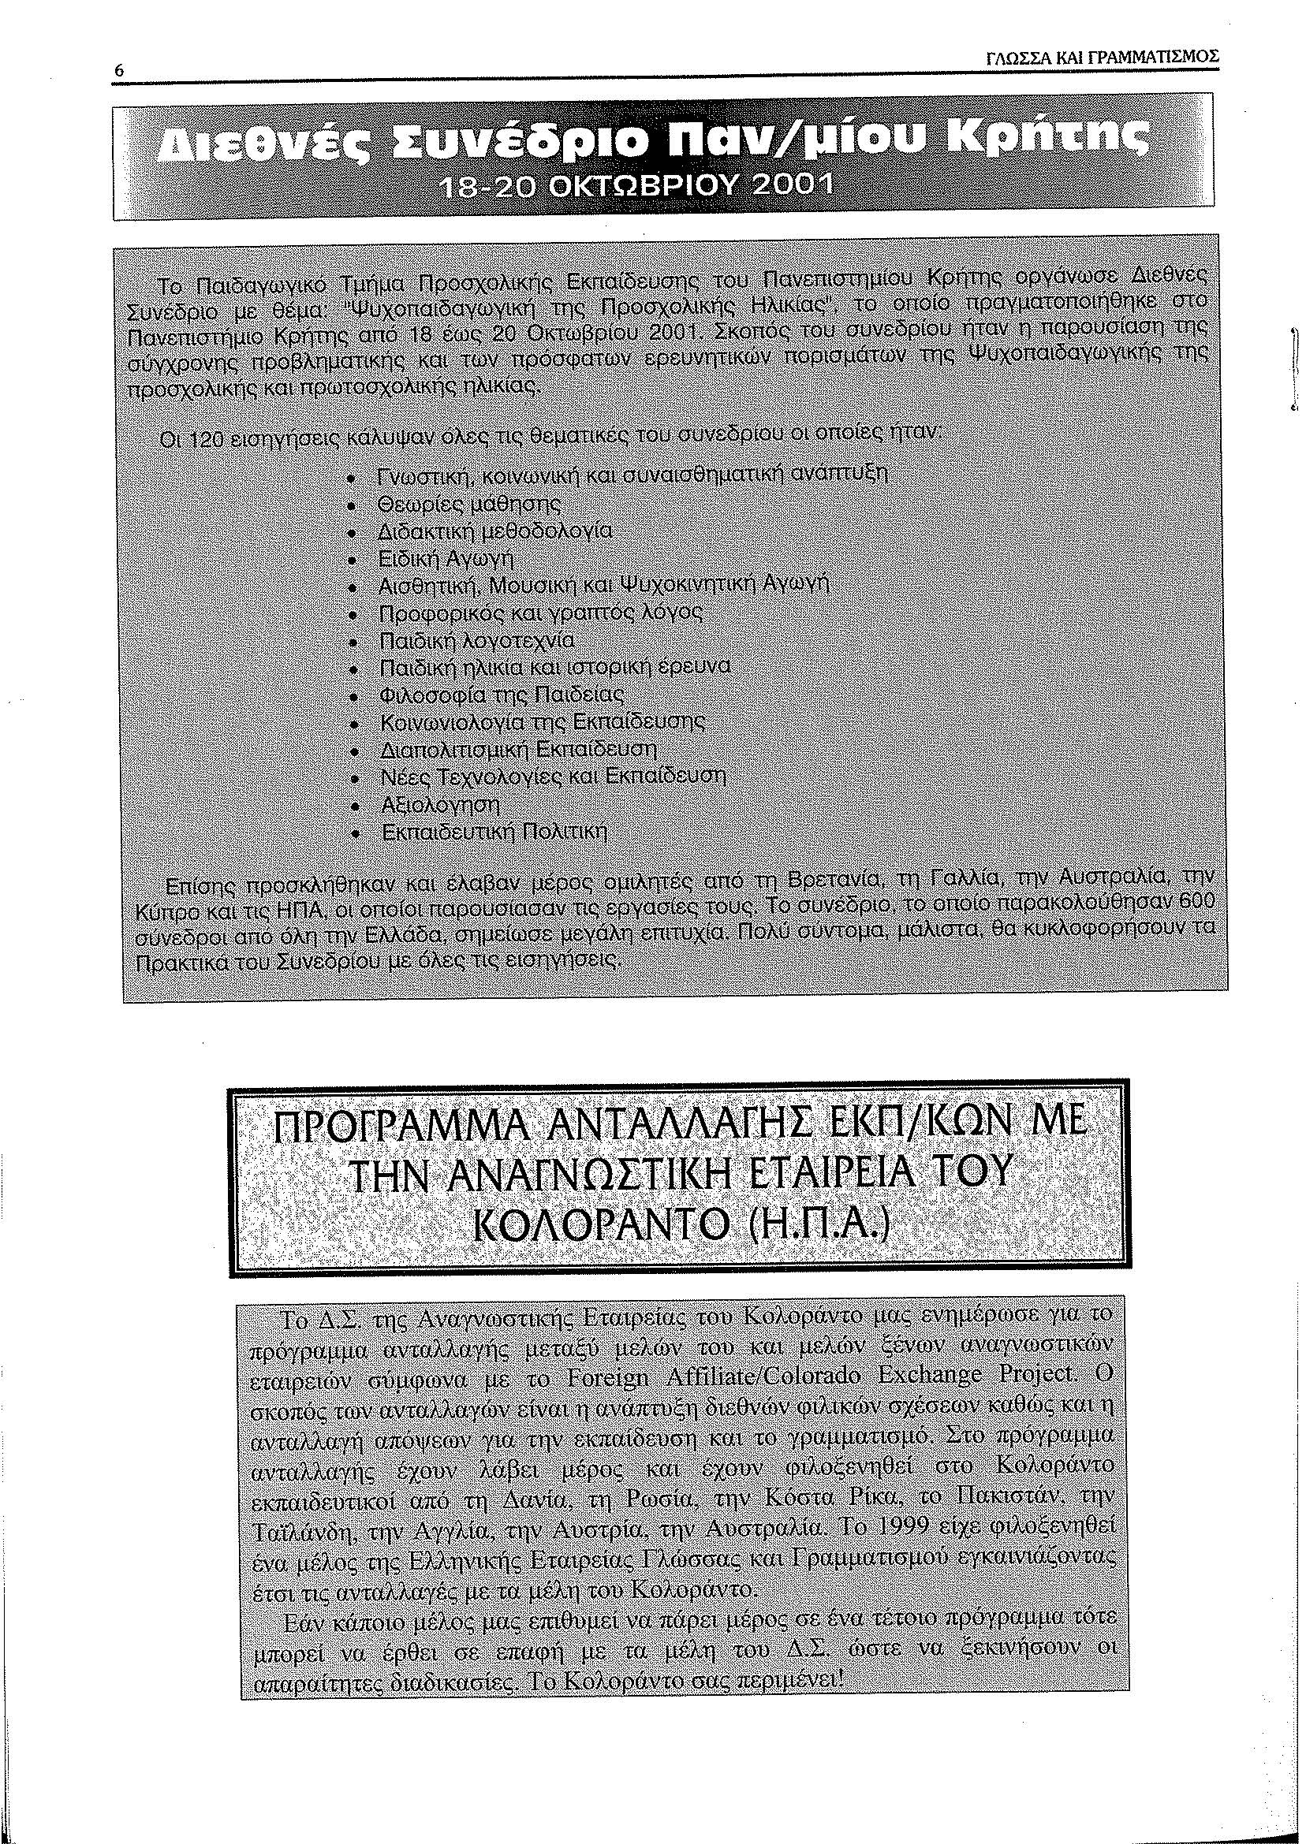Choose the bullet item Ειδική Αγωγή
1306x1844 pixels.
coord(446,559)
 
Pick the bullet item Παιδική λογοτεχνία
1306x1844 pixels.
coord(477,642)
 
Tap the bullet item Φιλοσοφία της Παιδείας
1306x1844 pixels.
coord(501,695)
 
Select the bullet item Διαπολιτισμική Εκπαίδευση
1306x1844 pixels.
coord(518,749)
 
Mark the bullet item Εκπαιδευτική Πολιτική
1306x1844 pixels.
coord(494,830)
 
